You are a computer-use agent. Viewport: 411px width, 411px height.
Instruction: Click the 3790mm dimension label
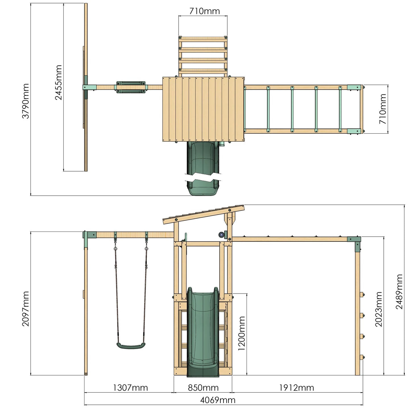click(26, 101)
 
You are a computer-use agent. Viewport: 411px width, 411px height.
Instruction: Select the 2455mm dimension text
click(58, 82)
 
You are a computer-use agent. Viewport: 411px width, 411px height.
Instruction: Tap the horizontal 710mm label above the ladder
click(204, 11)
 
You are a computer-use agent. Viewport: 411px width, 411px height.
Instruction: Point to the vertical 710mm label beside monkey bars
click(383, 109)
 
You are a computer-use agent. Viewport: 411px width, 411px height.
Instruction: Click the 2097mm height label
click(26, 309)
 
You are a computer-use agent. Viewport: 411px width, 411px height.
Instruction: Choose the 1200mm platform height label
click(241, 333)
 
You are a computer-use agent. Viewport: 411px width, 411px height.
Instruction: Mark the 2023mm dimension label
click(379, 309)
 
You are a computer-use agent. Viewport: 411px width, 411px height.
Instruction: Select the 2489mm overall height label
click(399, 292)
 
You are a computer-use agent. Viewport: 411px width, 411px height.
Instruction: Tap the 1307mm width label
click(130, 388)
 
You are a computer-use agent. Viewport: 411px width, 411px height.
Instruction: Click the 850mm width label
click(203, 388)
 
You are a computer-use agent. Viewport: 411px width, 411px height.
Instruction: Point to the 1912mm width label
click(296, 388)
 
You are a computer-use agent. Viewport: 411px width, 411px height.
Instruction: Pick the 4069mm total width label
click(218, 400)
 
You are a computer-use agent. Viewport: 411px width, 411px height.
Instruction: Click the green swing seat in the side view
click(131, 346)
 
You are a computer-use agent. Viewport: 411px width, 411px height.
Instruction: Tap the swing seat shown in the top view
click(131, 87)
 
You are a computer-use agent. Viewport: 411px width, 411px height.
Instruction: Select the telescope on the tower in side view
click(221, 235)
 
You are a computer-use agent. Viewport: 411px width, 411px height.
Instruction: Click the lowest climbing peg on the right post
click(362, 358)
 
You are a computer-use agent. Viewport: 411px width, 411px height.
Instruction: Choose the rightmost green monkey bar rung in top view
click(340, 109)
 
